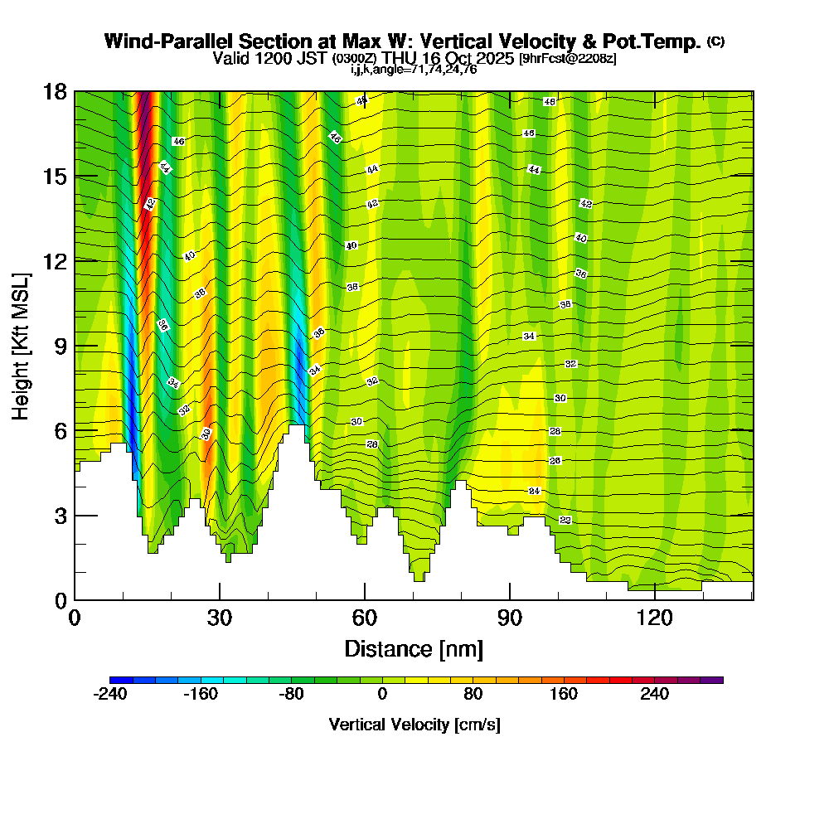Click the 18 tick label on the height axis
55,91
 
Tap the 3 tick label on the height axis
60,516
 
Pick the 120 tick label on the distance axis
654,618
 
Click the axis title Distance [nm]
414,648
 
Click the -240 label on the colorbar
109,695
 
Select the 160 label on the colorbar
564,695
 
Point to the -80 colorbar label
291,695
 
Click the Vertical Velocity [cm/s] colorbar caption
414,725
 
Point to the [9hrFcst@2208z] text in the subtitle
567,59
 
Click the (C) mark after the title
715,41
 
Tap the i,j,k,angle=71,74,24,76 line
414,70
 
